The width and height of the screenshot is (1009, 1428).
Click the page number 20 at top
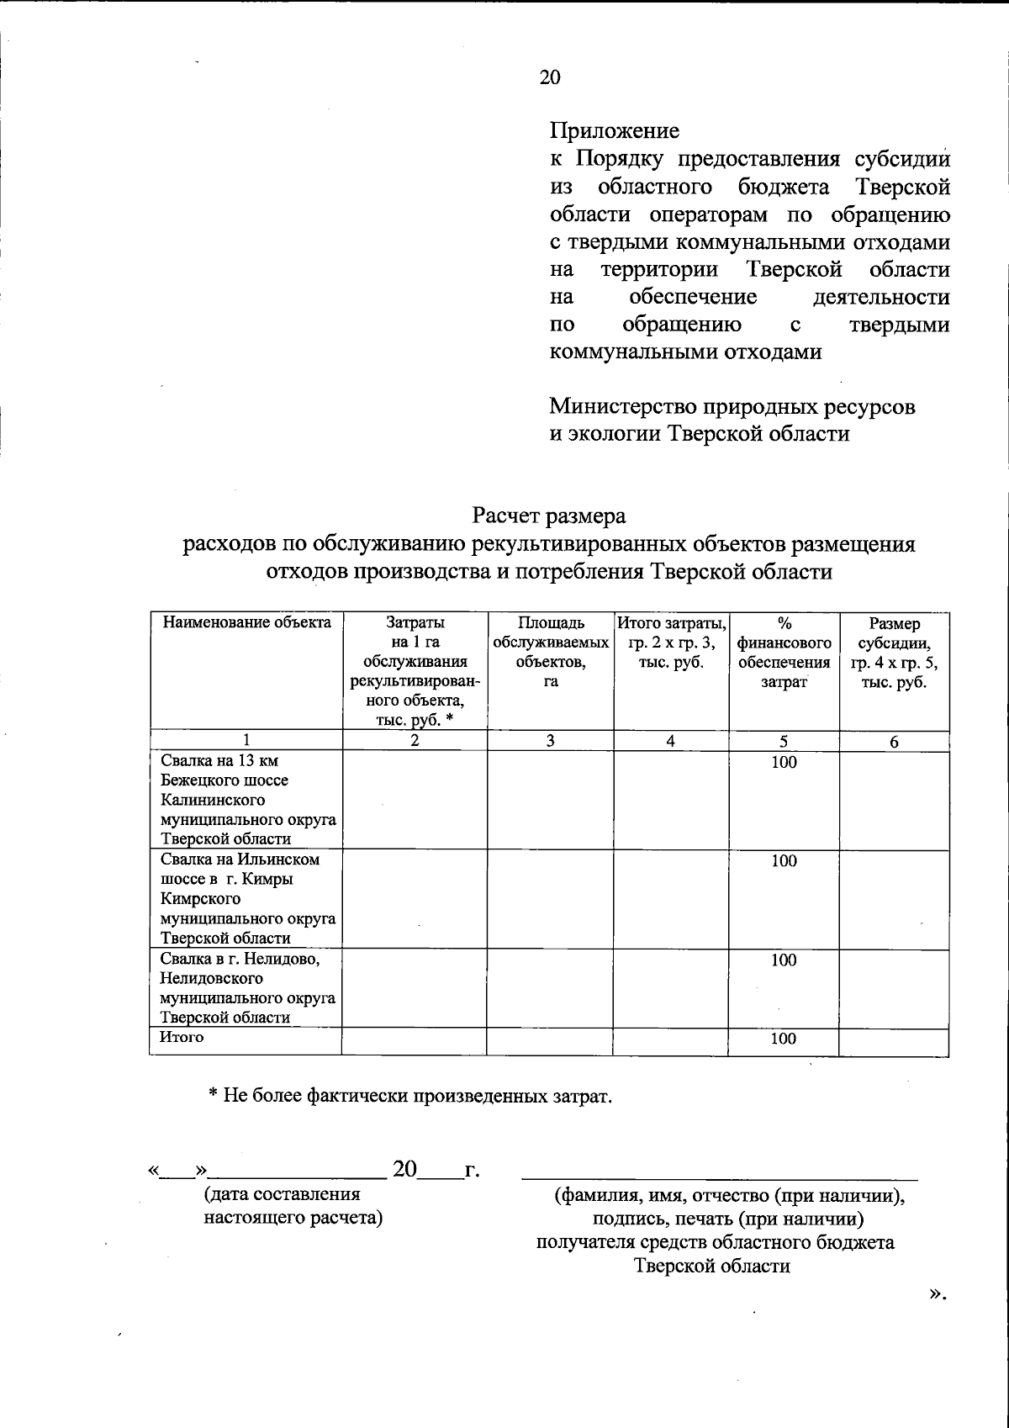(549, 77)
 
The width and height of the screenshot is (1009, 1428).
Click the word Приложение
(614, 131)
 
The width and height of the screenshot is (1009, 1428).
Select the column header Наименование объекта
(246, 624)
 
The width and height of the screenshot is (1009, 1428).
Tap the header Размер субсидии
(894, 653)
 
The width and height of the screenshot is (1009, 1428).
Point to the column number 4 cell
(670, 742)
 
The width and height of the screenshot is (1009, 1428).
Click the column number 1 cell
(246, 742)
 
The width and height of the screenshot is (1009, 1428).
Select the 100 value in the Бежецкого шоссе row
(784, 763)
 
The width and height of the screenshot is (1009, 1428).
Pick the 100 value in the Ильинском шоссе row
(784, 861)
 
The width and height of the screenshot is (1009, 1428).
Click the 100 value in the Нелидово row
(784, 960)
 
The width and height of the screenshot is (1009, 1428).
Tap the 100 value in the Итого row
(783, 1039)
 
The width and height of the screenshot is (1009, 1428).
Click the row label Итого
(182, 1038)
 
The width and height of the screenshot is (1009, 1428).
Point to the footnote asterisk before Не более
(214, 1097)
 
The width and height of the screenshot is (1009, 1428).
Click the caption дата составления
(282, 1195)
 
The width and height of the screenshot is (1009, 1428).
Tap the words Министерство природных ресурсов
(732, 408)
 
